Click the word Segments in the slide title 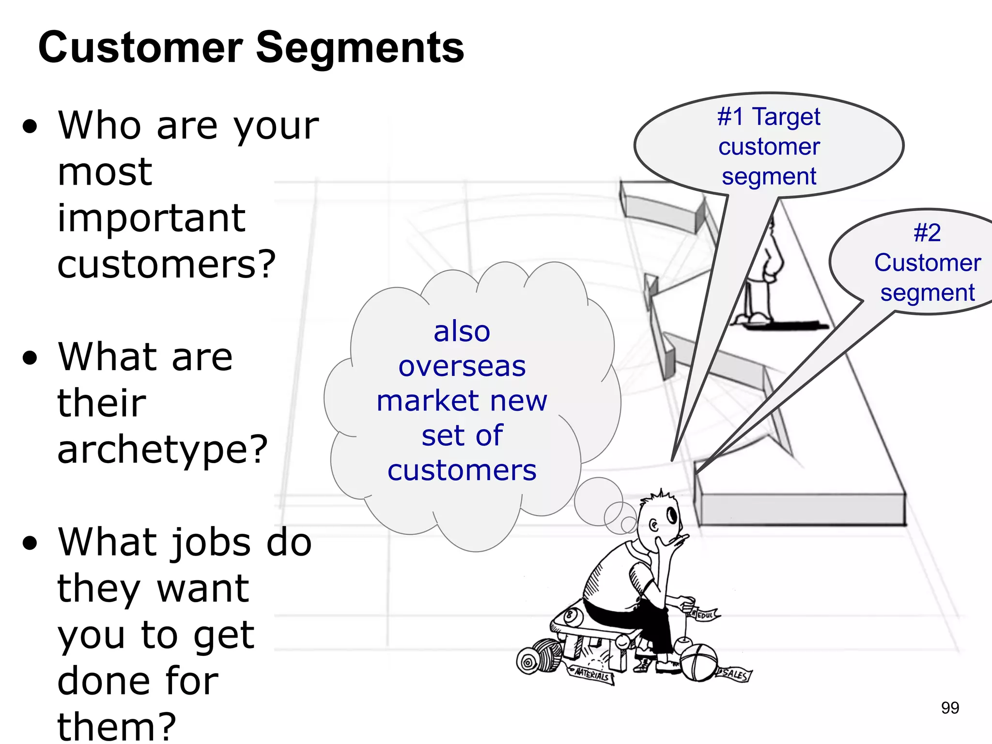coord(360,48)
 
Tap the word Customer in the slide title coord(140,47)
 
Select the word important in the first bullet coord(151,218)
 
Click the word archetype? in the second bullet coord(162,449)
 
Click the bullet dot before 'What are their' coord(30,358)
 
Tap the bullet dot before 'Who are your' coord(30,126)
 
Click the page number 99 coord(950,708)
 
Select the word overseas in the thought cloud coord(462,366)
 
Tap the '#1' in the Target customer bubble coord(730,117)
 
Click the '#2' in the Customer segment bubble coord(927,233)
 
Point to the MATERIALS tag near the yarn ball coord(592,674)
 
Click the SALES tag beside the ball coord(734,674)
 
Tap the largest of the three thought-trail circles coord(598,501)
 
